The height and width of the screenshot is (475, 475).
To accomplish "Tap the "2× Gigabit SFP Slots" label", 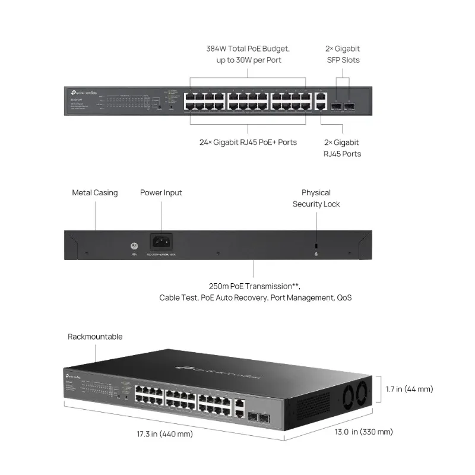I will tap(343, 54).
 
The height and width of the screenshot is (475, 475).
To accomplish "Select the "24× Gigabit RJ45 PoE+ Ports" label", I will tap(248, 142).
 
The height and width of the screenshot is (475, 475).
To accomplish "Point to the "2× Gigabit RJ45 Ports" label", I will tap(342, 148).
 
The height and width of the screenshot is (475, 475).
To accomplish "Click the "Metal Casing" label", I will tap(95, 193).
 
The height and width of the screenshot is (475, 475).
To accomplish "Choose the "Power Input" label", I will tap(161, 193).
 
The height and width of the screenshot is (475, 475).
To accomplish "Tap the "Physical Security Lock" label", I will tap(316, 198).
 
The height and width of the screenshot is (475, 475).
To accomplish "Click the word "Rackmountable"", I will tap(95, 337).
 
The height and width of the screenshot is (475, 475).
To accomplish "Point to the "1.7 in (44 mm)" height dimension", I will tap(409, 389).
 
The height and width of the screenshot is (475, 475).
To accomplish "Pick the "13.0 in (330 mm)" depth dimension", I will tap(363, 432).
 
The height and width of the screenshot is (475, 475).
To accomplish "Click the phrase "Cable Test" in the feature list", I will tap(178, 297).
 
